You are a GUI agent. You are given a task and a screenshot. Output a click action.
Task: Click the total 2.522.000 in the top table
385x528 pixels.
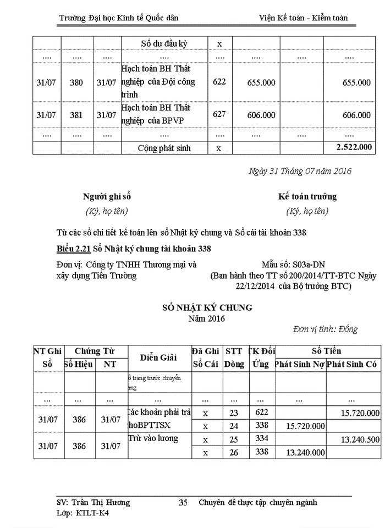[354, 147]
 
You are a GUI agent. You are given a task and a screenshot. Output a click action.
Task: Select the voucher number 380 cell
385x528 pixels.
[76, 82]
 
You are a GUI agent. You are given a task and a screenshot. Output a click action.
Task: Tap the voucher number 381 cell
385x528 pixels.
[76, 115]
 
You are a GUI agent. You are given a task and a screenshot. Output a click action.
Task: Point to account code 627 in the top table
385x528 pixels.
[219, 115]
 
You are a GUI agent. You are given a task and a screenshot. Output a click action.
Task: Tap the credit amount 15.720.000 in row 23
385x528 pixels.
[360, 413]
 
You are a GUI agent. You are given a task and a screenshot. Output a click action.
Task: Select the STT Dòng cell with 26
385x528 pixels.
[234, 452]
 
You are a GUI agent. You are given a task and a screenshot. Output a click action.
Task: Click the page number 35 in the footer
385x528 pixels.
[184, 502]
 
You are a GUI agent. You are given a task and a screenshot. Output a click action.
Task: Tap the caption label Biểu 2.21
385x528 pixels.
[74, 249]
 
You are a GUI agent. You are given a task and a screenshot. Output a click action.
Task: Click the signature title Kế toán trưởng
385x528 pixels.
[307, 196]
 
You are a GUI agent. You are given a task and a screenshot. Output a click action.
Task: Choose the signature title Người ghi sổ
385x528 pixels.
[107, 196]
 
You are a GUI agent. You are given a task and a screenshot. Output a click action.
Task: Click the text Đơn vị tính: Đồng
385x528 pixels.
[325, 329]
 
